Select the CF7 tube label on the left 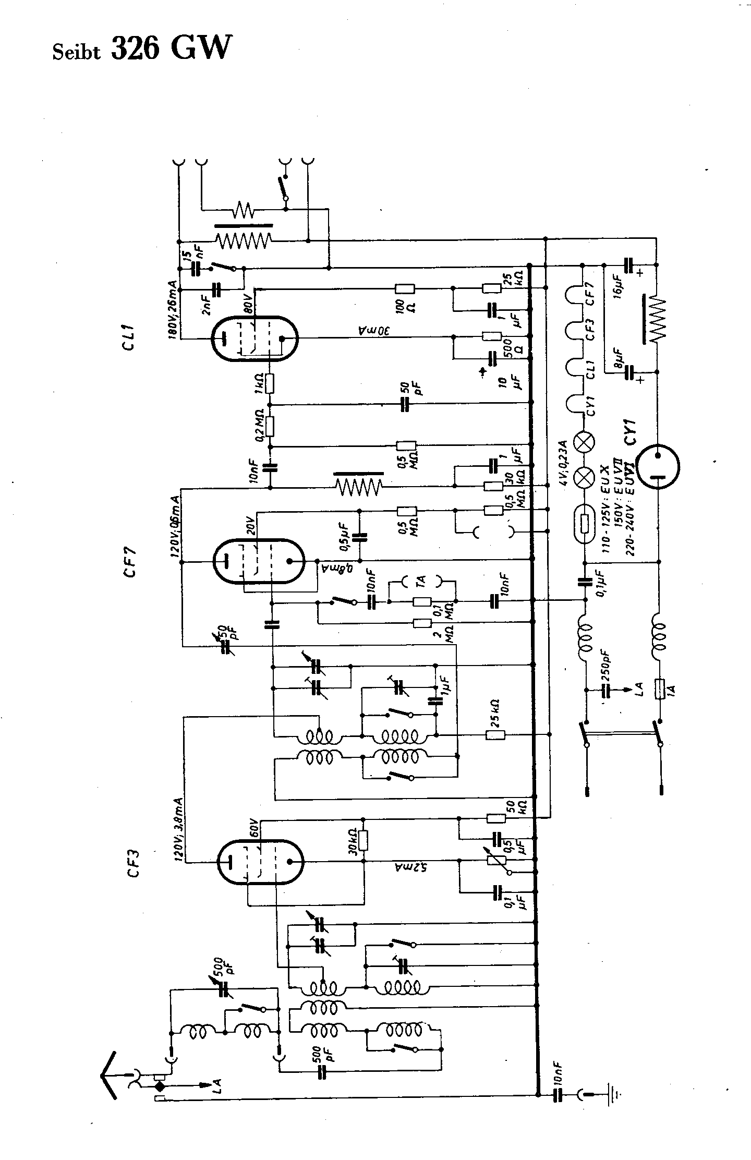point(130,561)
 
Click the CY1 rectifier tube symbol point(658,466)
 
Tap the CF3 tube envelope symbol point(260,862)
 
